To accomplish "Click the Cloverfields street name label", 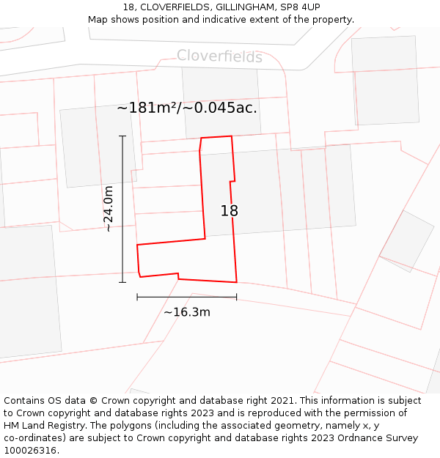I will (x=219, y=56).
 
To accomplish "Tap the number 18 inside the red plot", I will (x=230, y=211).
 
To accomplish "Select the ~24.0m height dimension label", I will (x=109, y=209).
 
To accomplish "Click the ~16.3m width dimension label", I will (x=187, y=312).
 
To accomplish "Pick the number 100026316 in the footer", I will (x=31, y=451).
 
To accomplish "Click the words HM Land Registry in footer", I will (x=43, y=426).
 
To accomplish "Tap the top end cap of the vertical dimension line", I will (x=122, y=136).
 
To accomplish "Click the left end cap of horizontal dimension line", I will (x=137, y=297).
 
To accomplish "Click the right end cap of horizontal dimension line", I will (x=236, y=297).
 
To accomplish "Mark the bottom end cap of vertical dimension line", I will (x=122, y=282).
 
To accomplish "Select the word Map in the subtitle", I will (x=98, y=19).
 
